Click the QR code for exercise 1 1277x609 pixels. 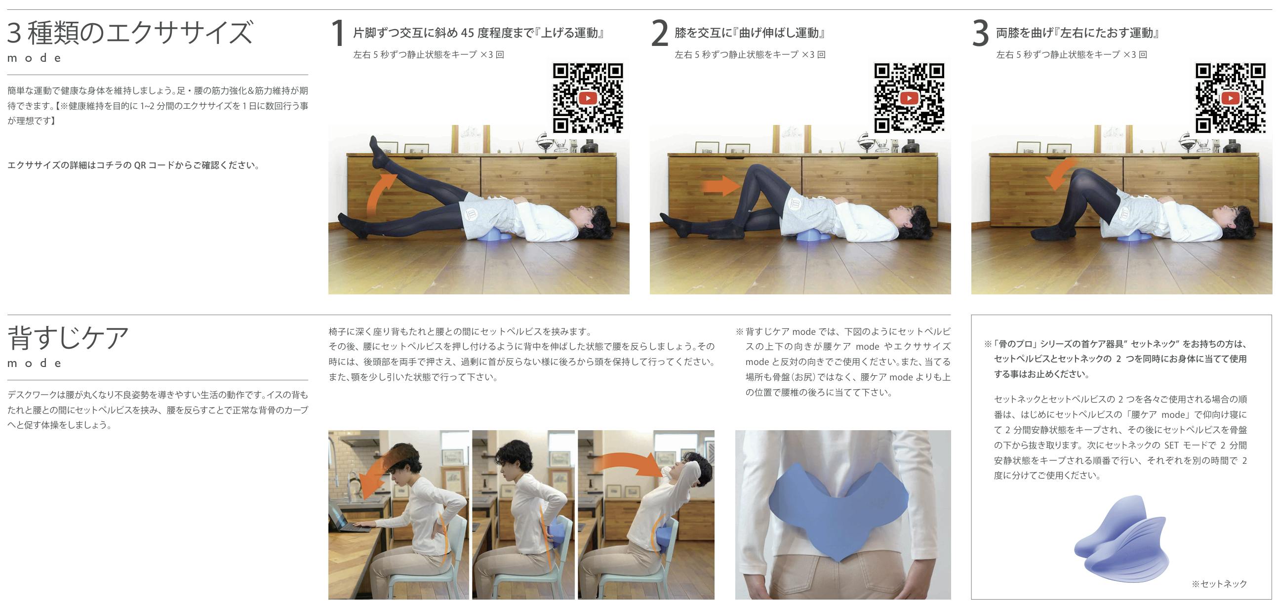pyautogui.click(x=588, y=98)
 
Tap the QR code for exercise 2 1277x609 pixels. pyautogui.click(x=909, y=98)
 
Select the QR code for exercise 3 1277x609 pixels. pyautogui.click(x=1230, y=98)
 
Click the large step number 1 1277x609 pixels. pyautogui.click(x=338, y=33)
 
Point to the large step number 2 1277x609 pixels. pyautogui.click(x=660, y=33)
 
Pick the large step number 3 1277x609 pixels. pyautogui.click(x=981, y=33)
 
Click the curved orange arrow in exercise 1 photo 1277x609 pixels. pyautogui.click(x=380, y=191)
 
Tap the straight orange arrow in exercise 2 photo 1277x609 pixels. pyautogui.click(x=720, y=186)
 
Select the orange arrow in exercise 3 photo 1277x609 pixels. pyautogui.click(x=1061, y=173)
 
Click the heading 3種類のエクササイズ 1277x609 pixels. pyautogui.click(x=130, y=33)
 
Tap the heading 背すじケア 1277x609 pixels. pyautogui.click(x=68, y=338)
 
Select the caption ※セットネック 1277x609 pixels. pyautogui.click(x=1219, y=584)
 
